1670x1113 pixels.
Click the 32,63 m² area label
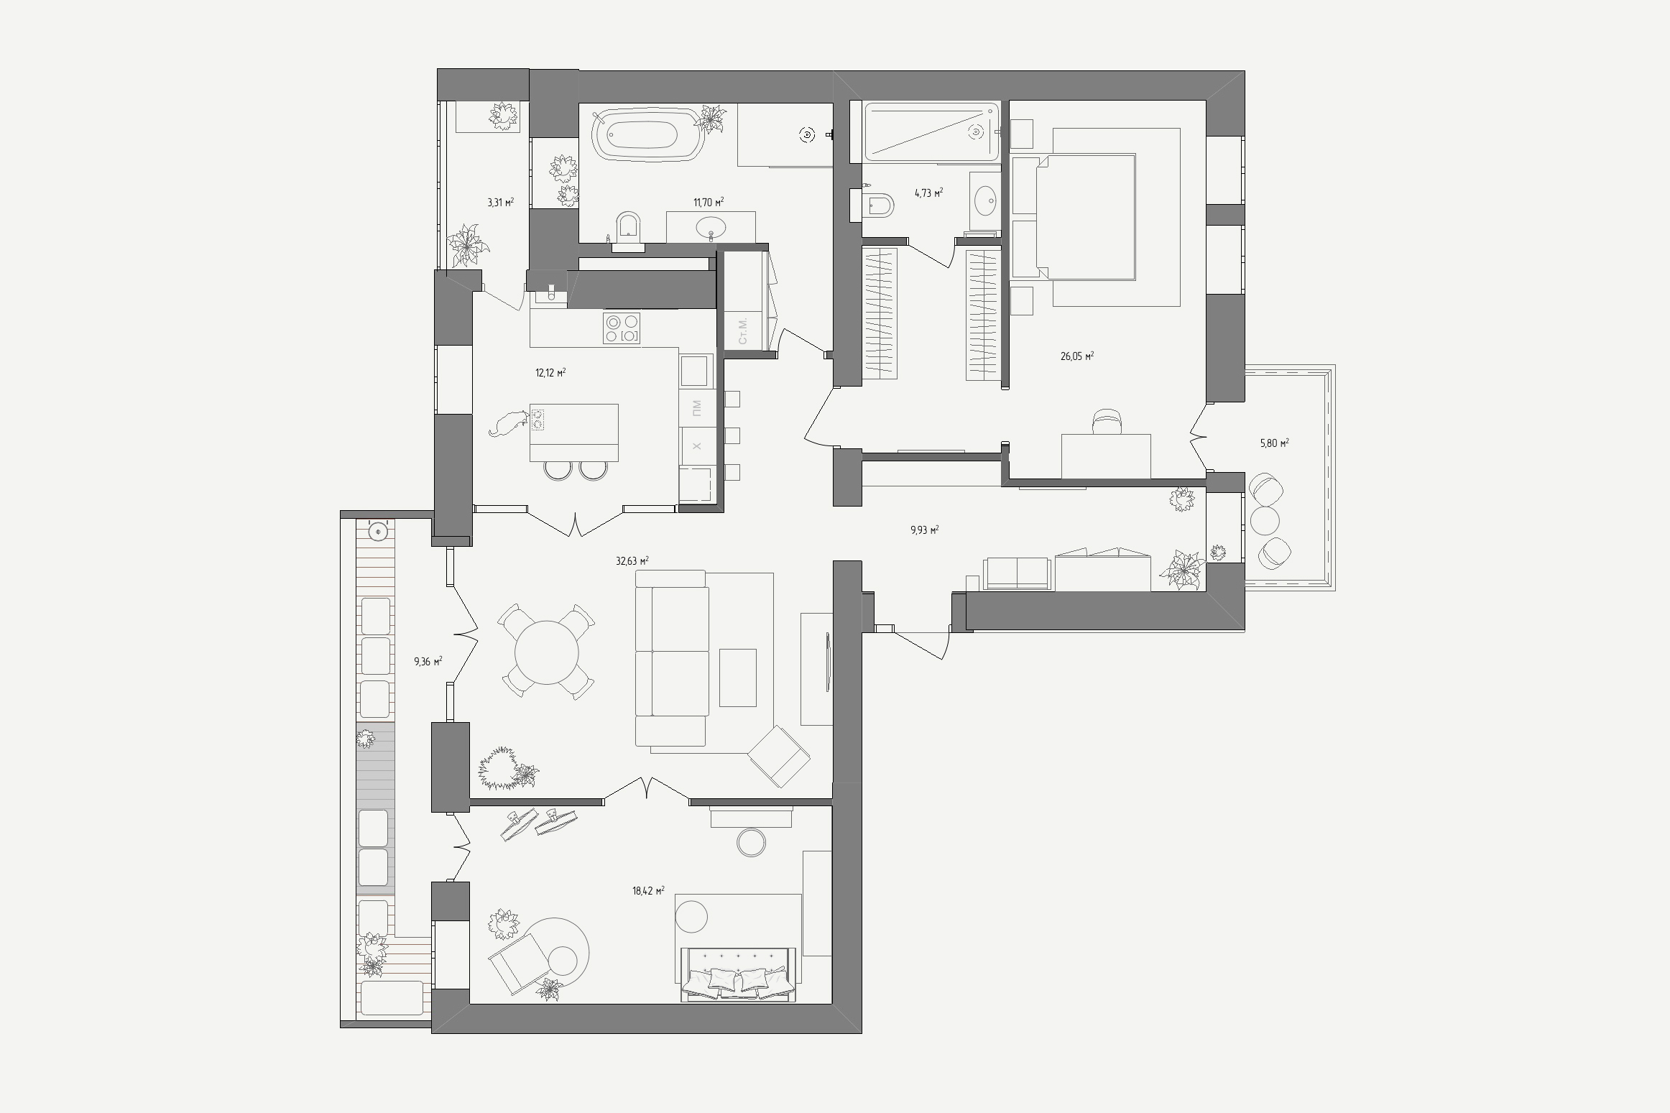pyautogui.click(x=632, y=560)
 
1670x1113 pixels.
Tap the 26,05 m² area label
pyautogui.click(x=1077, y=356)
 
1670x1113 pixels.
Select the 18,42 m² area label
pyautogui.click(x=648, y=891)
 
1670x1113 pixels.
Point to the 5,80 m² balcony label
pyautogui.click(x=1274, y=443)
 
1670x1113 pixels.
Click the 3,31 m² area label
pyautogui.click(x=500, y=203)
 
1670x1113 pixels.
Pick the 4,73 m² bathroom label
pyautogui.click(x=928, y=193)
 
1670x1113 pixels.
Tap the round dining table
pyautogui.click(x=547, y=652)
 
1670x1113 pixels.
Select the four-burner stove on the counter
pyautogui.click(x=622, y=328)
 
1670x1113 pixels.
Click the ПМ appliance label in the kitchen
pyautogui.click(x=696, y=408)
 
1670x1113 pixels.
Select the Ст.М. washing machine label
pyautogui.click(x=743, y=330)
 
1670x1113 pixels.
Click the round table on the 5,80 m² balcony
pyautogui.click(x=1265, y=519)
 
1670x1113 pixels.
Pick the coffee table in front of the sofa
pyautogui.click(x=738, y=678)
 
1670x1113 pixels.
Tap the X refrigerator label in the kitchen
pyautogui.click(x=696, y=446)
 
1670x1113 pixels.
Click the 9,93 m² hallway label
pyautogui.click(x=924, y=530)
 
